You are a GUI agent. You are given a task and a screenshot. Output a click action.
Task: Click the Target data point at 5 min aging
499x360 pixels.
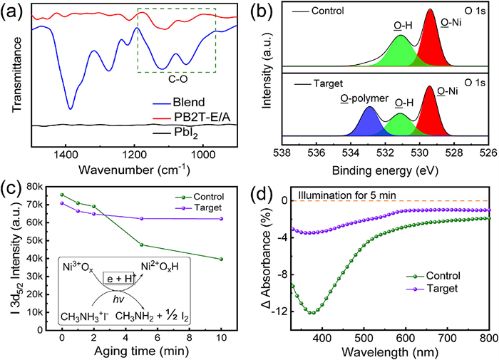point(142,219)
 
